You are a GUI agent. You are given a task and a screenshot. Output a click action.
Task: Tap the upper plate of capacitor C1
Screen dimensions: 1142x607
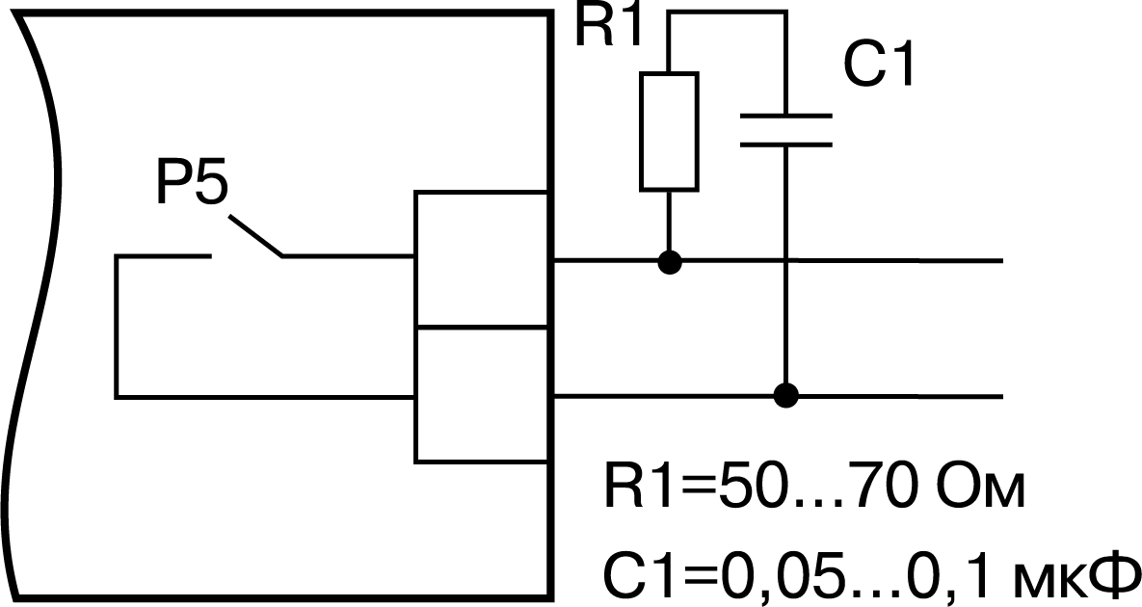(x=785, y=115)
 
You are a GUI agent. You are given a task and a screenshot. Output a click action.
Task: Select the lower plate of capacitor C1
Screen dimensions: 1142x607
(x=785, y=145)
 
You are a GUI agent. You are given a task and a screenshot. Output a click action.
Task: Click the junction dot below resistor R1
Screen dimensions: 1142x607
(x=670, y=261)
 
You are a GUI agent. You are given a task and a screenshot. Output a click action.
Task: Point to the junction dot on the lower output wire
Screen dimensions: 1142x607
(x=785, y=396)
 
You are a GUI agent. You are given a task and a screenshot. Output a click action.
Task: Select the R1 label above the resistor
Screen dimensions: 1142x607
(x=609, y=26)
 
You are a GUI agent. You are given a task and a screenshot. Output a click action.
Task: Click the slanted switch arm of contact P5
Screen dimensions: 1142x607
(x=255, y=236)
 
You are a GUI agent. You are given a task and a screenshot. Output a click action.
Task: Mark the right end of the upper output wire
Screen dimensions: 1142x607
(x=1002, y=260)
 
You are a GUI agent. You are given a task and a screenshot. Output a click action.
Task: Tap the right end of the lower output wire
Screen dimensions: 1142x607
(x=1002, y=397)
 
